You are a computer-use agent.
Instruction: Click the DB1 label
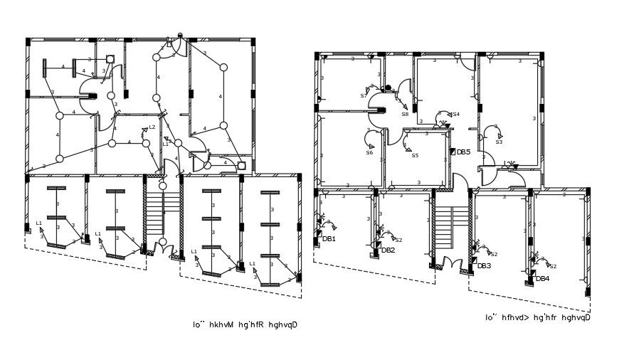tap(329, 239)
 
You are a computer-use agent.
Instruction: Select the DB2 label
tap(388, 250)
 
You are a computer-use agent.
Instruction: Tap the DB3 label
tap(484, 266)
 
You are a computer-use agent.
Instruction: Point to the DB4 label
tap(542, 279)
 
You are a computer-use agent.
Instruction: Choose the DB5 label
tap(463, 152)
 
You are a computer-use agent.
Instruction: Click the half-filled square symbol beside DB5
tap(453, 152)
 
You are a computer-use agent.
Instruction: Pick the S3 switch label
tap(499, 142)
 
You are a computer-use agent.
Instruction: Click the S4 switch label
tap(455, 115)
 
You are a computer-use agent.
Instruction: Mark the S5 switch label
tap(415, 156)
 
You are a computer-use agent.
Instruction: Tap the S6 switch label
tap(369, 153)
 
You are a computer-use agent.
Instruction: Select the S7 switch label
tap(364, 96)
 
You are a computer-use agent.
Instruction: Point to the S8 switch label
tap(405, 115)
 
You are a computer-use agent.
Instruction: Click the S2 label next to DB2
tap(398, 240)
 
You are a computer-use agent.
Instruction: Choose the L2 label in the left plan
tap(152, 127)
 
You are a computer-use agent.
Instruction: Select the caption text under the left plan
tap(244, 325)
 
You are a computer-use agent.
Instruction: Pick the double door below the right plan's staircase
tap(452, 263)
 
